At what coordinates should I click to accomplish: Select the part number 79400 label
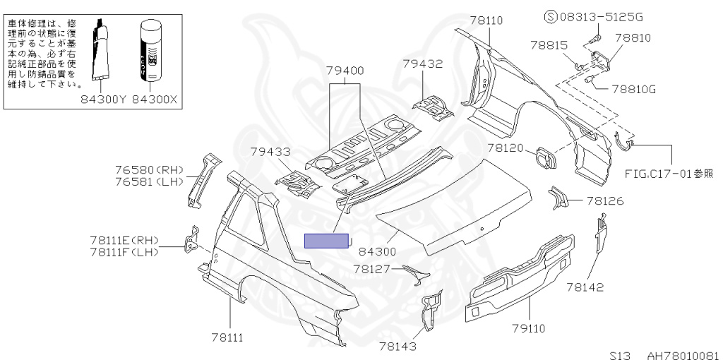coord(345,71)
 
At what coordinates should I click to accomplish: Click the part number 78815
coord(549,45)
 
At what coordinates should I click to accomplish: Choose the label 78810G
coord(633,90)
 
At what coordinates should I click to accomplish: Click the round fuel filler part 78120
coord(545,156)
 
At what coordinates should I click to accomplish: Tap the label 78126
coord(605,201)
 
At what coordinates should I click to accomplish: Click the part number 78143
coord(398,346)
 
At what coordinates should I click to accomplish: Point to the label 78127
coord(373,269)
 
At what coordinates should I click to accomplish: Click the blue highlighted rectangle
coord(326,241)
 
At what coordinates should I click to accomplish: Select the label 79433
coord(270,151)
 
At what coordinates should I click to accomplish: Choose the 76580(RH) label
coord(148,169)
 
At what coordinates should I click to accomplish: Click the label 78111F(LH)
coord(124,252)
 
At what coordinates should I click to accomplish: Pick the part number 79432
coord(422,64)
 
